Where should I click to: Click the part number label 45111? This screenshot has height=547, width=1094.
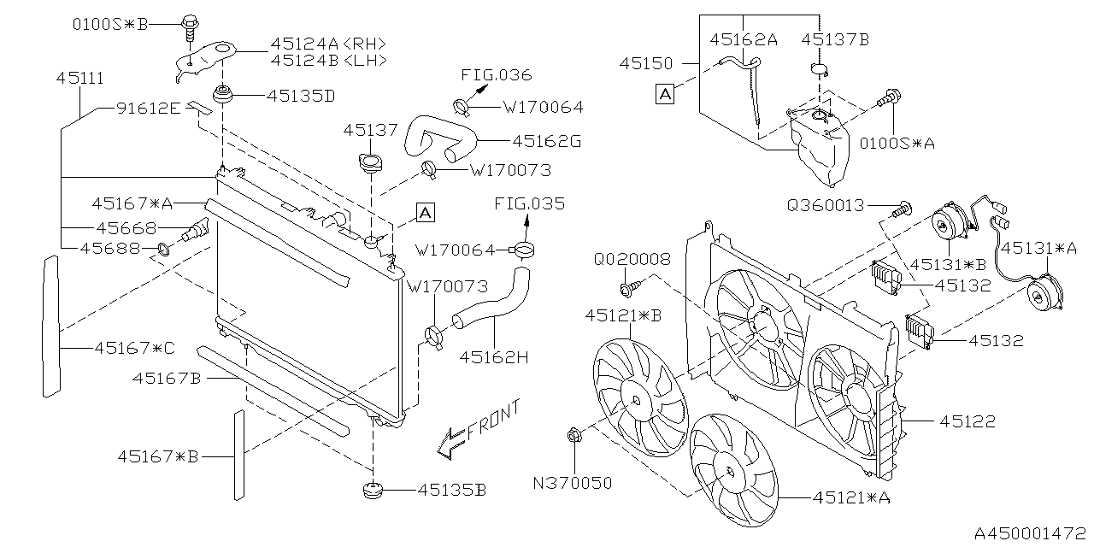[x=80, y=78]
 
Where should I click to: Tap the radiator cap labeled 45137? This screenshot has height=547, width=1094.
[x=371, y=162]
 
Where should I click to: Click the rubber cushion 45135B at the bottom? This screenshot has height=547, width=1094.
[x=373, y=491]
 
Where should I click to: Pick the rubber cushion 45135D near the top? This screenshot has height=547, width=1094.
[x=225, y=94]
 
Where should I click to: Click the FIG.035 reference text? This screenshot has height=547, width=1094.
[x=530, y=204]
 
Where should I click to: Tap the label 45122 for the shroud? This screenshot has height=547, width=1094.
[x=968, y=421]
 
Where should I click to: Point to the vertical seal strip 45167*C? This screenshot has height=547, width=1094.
[x=51, y=326]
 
